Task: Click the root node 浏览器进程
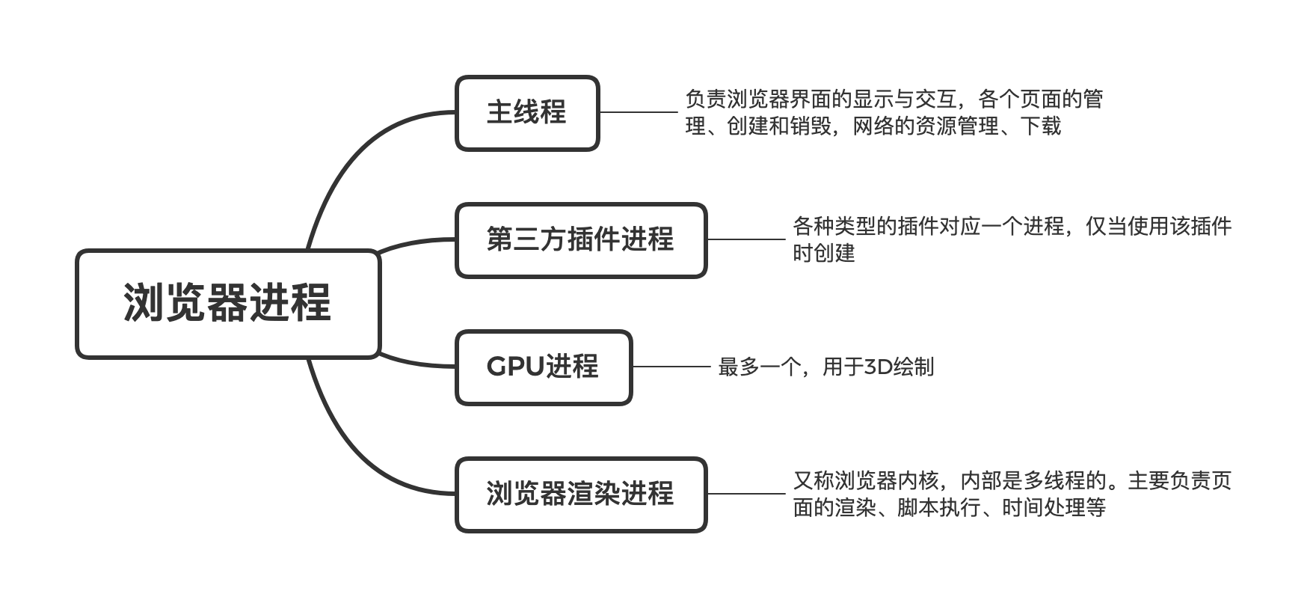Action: (228, 304)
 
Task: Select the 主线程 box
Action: (527, 113)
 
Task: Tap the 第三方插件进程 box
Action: (580, 240)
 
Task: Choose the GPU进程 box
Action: (544, 367)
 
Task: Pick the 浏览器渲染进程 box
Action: (580, 495)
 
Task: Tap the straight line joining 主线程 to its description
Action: (637, 113)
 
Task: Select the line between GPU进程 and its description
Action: (671, 367)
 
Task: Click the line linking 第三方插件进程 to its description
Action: (745, 240)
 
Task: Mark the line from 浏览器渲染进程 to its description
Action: (745, 494)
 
